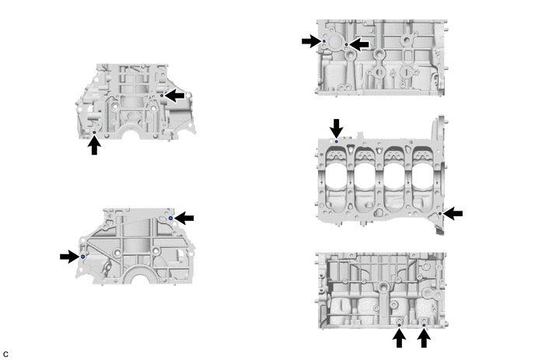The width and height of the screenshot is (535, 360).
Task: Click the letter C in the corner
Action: pos(5,355)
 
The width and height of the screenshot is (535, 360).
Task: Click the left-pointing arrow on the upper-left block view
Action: pos(175,96)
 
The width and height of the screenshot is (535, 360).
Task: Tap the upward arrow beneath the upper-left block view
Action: pos(94,145)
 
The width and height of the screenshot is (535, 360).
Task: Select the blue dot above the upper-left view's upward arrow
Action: pos(95,132)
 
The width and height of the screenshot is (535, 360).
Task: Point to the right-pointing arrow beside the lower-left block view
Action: pos(70,257)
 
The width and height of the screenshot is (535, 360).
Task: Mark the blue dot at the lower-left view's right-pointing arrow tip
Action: pos(82,257)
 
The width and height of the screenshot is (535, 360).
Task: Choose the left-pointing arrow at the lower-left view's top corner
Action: pos(184,218)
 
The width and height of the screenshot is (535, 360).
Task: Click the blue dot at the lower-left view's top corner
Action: pos(170,218)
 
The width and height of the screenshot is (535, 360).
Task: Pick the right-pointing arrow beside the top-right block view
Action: pos(312,41)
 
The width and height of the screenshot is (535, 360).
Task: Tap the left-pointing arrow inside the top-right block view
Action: pos(359,44)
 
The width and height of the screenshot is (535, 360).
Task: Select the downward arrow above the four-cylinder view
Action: pos(337,128)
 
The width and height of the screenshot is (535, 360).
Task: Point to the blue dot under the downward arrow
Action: pos(337,142)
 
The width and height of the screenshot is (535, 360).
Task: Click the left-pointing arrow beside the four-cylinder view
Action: pos(453,214)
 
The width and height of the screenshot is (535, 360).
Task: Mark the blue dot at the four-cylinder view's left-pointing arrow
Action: pos(440,214)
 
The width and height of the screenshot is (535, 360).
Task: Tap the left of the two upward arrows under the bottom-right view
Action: pos(399,337)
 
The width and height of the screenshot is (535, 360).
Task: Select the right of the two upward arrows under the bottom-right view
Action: pos(424,337)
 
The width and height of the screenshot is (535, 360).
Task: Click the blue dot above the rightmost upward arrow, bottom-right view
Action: pos(424,325)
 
